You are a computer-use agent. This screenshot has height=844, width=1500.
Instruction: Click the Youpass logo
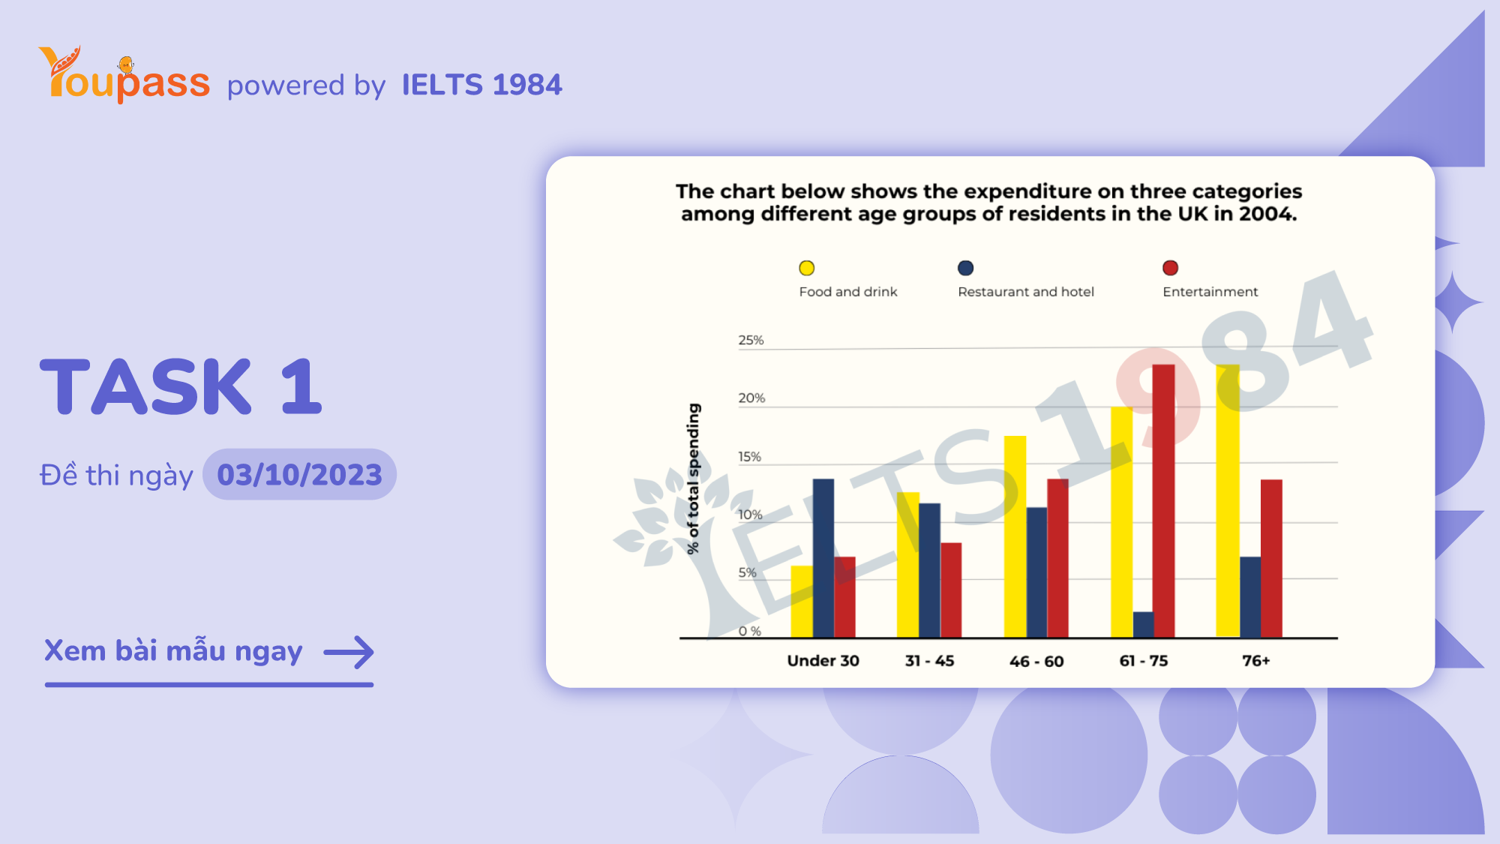[x=124, y=76]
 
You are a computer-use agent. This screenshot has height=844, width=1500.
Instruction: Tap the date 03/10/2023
[x=299, y=475]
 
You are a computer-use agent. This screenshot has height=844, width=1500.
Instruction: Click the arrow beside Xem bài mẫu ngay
[x=349, y=652]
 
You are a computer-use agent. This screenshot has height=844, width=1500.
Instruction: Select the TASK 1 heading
[x=181, y=387]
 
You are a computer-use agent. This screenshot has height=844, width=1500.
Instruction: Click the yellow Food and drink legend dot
[x=807, y=269]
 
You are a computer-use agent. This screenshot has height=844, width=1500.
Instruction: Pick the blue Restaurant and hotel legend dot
[x=966, y=269]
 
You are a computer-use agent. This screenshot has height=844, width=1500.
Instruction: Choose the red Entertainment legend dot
[x=1170, y=269]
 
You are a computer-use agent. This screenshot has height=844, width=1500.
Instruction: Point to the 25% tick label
[x=751, y=341]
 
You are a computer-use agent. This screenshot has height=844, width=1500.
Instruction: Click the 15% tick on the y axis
[x=749, y=457]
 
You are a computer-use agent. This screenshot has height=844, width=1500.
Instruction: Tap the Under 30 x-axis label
[x=823, y=661]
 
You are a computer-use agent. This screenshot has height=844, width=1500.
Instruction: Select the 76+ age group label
[x=1255, y=661]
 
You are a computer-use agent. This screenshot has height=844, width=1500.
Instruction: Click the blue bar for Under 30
[x=823, y=558]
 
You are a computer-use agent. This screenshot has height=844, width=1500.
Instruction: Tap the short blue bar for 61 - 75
[x=1143, y=625]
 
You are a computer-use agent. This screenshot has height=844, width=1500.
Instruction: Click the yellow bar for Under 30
[x=801, y=602]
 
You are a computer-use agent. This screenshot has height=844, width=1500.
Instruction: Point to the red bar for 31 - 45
[x=951, y=590]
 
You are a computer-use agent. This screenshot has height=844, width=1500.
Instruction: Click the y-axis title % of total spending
[x=694, y=479]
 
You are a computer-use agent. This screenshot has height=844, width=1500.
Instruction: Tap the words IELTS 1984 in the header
[x=481, y=85]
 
